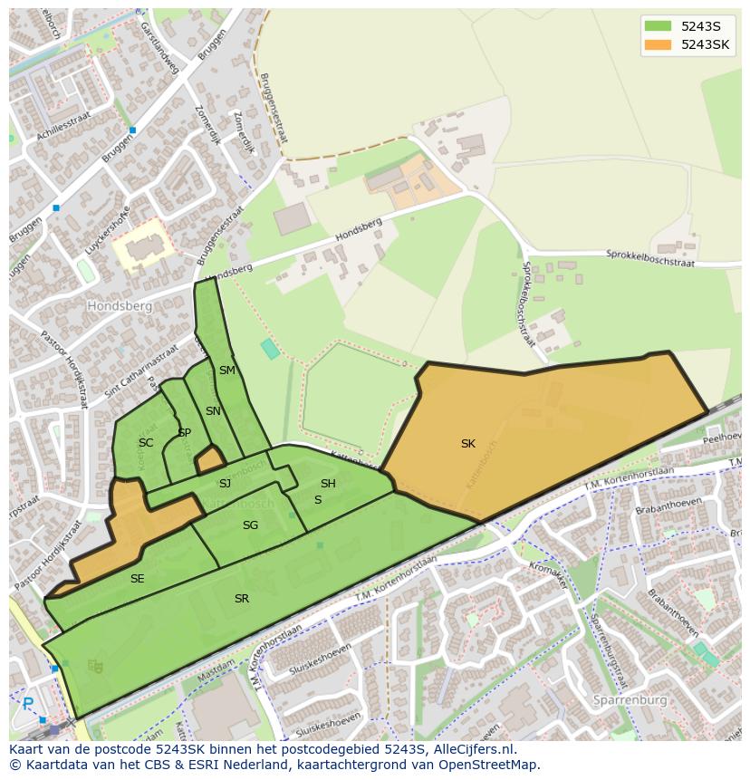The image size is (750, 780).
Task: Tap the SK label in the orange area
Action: pyautogui.click(x=467, y=444)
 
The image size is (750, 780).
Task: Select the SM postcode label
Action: pyautogui.click(x=226, y=371)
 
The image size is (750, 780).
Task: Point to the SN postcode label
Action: pyautogui.click(x=213, y=411)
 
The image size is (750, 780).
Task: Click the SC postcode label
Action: pyautogui.click(x=146, y=443)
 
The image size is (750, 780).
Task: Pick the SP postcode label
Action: pyautogui.click(x=184, y=433)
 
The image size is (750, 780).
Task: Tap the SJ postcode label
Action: pyautogui.click(x=225, y=484)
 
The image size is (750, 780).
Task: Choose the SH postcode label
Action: pyautogui.click(x=328, y=484)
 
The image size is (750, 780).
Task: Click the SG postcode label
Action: pyautogui.click(x=250, y=525)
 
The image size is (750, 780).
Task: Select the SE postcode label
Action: pyautogui.click(x=137, y=579)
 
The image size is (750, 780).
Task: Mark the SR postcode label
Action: pyautogui.click(x=242, y=599)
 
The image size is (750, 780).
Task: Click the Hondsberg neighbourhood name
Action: pyautogui.click(x=119, y=306)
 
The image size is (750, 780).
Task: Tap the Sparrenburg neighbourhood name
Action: pyautogui.click(x=630, y=700)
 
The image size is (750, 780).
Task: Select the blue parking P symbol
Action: pyautogui.click(x=28, y=703)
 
